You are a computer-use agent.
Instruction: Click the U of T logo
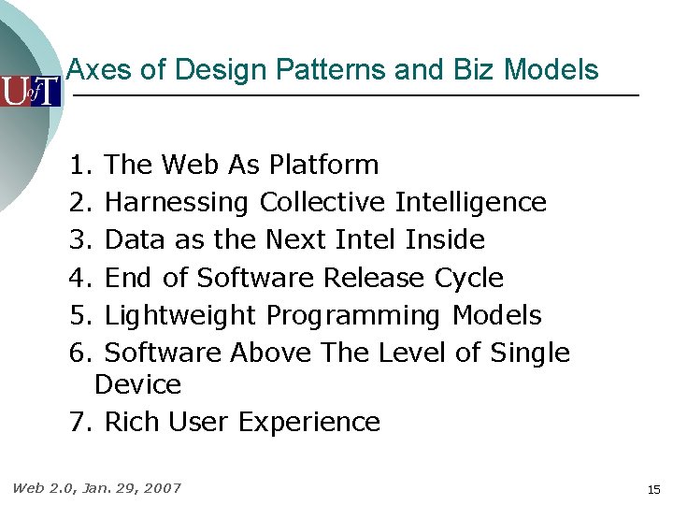tap(30, 92)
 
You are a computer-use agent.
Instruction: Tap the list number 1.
tap(79, 166)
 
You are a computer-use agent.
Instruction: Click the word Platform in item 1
tap(323, 166)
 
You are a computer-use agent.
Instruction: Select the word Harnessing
tap(177, 203)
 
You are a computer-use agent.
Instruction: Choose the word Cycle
tap(469, 278)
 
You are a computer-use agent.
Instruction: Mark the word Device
tap(137, 384)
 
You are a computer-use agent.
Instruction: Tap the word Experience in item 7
tap(308, 423)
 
